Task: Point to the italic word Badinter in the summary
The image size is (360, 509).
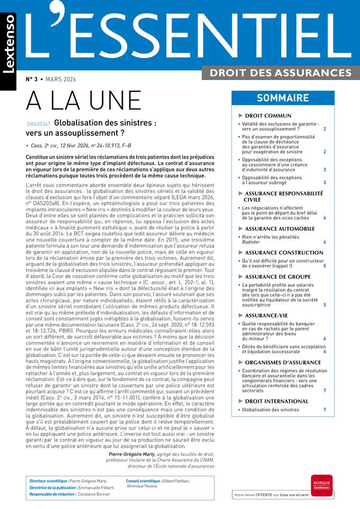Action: [251, 242]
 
